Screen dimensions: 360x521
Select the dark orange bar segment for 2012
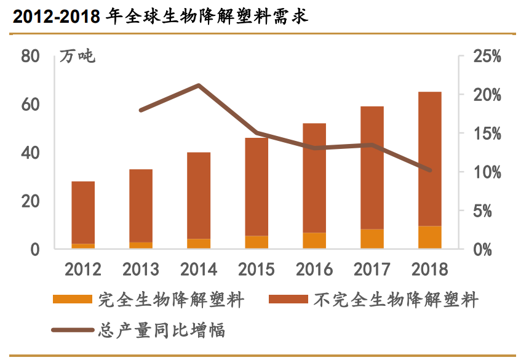pos(83,212)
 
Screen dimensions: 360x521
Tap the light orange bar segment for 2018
pos(430,238)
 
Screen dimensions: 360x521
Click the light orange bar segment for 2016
pos(314,241)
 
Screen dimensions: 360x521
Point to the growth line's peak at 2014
pos(199,86)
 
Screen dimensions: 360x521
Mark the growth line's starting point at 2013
pos(141,110)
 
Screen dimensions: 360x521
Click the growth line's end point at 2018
pos(430,170)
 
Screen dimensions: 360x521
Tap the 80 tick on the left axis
pos(30,57)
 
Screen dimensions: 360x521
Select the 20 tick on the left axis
pos(30,201)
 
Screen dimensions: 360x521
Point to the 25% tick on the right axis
pos(487,57)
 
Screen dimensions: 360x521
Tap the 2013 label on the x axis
pos(141,269)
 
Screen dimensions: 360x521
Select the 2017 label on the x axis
pos(372,269)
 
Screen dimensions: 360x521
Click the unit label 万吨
pos(78,57)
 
